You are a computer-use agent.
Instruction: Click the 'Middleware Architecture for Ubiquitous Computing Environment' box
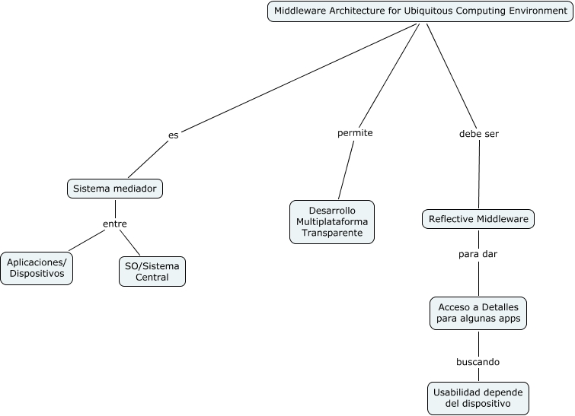tap(420, 11)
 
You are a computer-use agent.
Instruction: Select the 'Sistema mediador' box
tap(115, 189)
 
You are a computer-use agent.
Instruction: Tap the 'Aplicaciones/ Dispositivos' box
tap(36, 268)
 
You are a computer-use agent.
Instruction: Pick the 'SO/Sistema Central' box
tap(152, 272)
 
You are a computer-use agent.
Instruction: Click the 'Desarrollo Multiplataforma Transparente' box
tap(332, 221)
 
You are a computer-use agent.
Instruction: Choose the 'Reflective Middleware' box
tap(478, 219)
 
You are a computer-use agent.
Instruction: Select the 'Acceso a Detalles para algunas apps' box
tap(478, 313)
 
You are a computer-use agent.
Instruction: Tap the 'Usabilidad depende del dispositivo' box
tap(478, 398)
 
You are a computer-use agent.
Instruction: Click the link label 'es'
tap(174, 135)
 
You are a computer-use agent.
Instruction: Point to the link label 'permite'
tap(355, 133)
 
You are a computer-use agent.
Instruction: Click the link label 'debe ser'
tap(479, 134)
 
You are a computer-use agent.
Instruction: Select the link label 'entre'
tap(115, 224)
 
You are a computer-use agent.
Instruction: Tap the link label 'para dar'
tap(478, 254)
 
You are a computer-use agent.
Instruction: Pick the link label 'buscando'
tap(478, 362)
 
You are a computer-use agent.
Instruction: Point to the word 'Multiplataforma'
tap(332, 221)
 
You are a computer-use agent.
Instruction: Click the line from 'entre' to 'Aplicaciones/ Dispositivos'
tap(87, 240)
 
